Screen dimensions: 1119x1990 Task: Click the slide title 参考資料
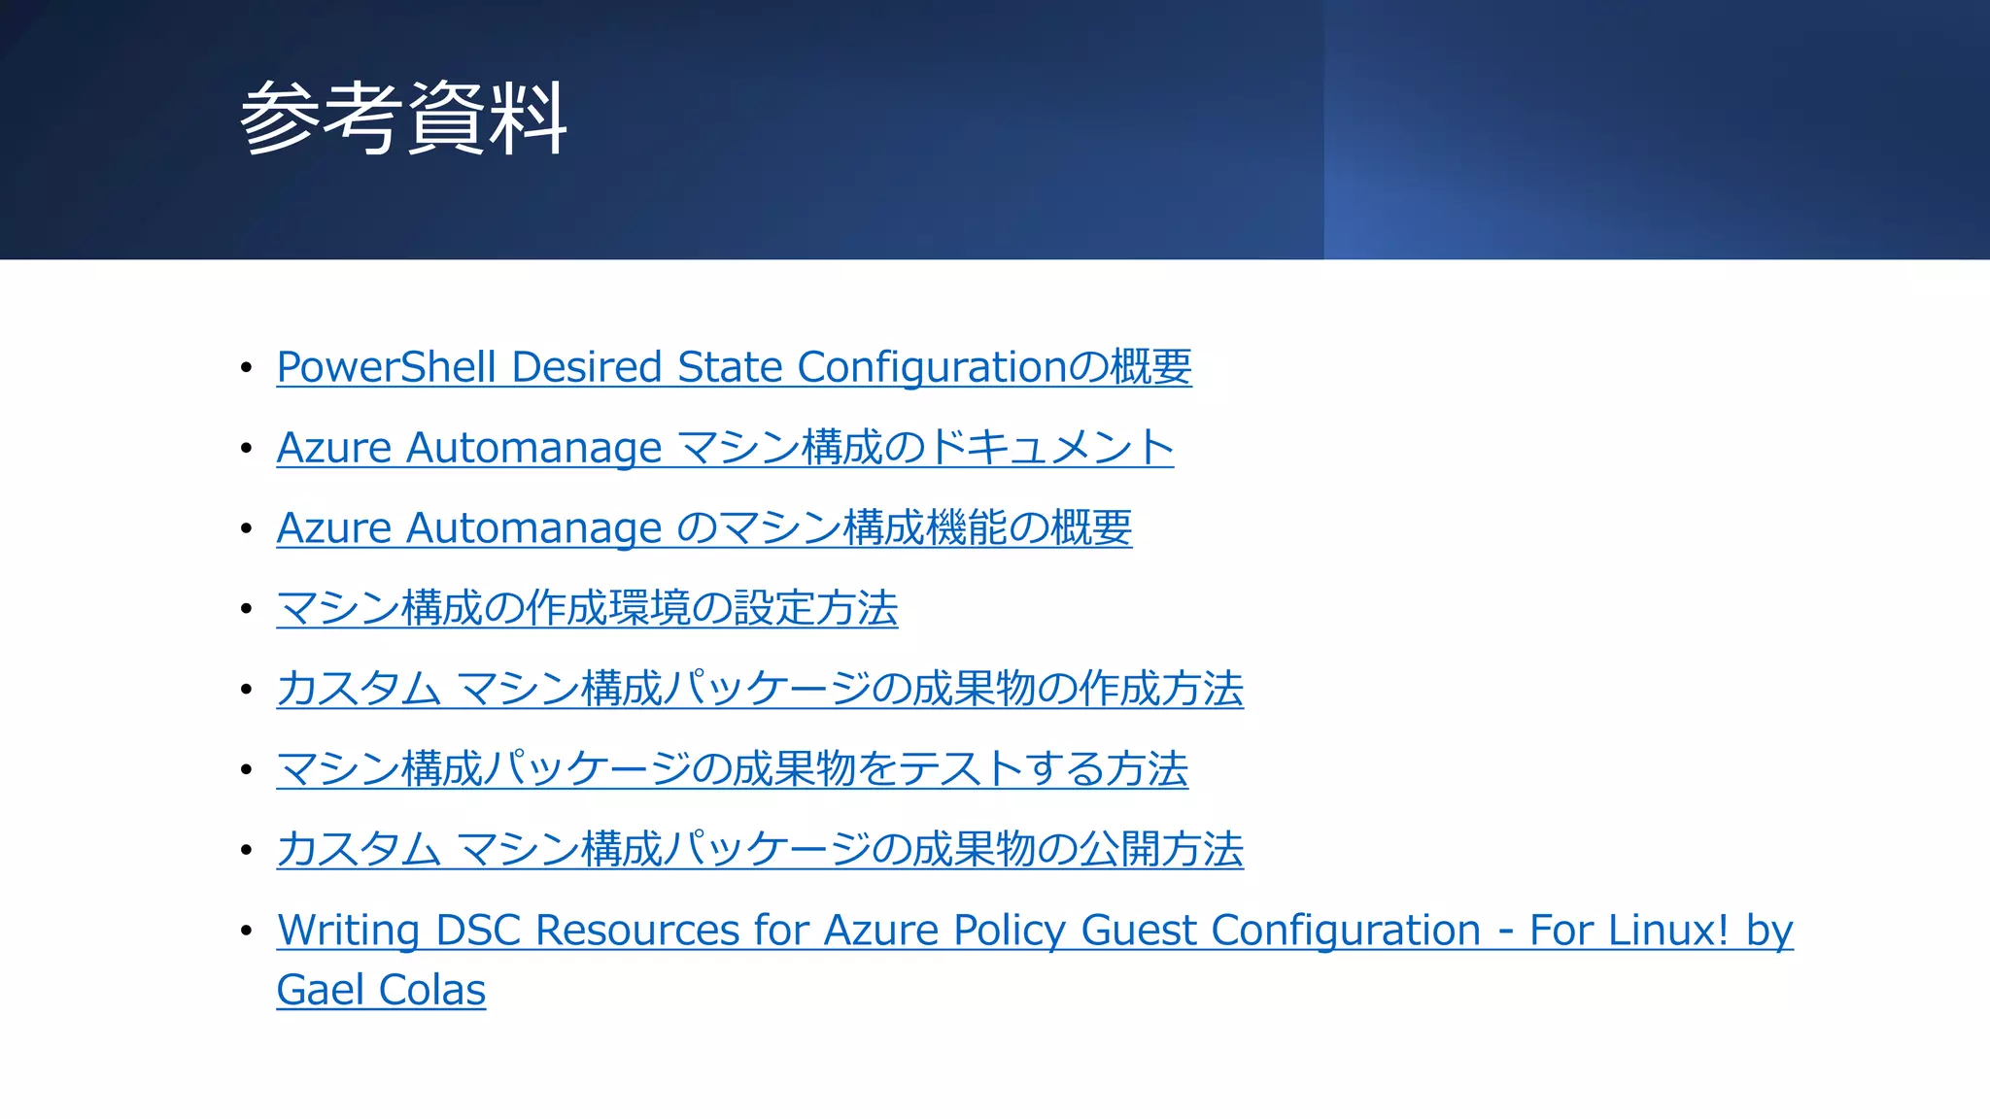coord(402,119)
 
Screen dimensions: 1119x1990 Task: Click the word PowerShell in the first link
coord(387,368)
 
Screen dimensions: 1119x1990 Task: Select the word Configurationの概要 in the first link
coord(993,368)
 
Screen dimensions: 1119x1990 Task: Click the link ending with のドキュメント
coord(724,448)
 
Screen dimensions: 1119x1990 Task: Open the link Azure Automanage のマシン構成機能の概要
coord(703,528)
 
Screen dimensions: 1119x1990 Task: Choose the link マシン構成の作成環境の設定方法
coord(587,609)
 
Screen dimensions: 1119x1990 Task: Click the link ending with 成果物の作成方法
coord(759,689)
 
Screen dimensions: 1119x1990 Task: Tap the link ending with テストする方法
coord(732,769)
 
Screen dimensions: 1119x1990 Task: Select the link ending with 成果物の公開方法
coord(759,850)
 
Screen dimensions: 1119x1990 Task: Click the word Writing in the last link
coord(348,931)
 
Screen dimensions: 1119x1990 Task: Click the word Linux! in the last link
coord(1668,931)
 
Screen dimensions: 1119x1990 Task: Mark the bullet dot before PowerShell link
coord(247,368)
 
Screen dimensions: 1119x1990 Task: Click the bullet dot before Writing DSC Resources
coord(247,931)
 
